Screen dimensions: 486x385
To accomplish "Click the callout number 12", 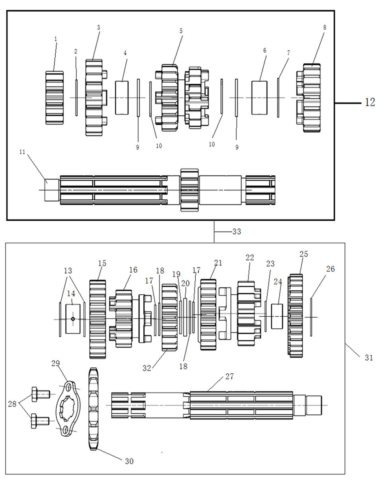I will [369, 102].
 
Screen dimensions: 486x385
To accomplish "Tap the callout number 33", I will [237, 231].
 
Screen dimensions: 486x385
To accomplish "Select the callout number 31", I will [369, 358].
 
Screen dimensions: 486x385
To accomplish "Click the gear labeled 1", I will [54, 98].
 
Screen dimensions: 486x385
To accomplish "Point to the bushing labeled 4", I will [122, 98].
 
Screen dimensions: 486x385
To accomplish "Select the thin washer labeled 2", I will [76, 98].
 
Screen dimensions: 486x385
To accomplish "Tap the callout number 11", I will [22, 152].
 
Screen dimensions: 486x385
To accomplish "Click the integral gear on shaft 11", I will [189, 190].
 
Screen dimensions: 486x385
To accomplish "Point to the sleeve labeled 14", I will [73, 319].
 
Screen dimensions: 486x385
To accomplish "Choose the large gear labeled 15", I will [97, 319].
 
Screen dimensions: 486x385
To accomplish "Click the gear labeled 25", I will [296, 316].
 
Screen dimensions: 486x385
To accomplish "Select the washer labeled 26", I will [311, 317].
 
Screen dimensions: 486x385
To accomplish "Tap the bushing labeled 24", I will [277, 316].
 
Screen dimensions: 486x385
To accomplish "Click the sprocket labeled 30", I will [93, 409].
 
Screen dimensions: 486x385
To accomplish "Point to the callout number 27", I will [229, 376].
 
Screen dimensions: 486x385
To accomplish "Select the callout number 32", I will [147, 368].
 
